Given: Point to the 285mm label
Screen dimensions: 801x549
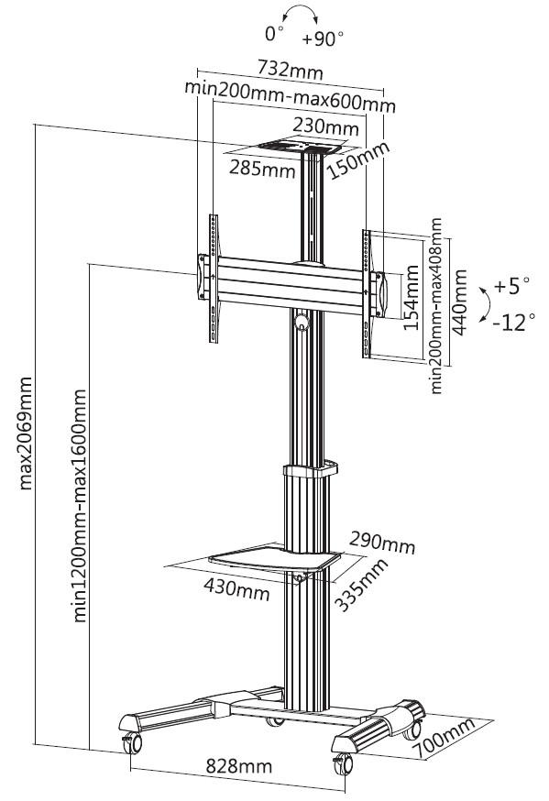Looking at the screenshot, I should (x=258, y=169).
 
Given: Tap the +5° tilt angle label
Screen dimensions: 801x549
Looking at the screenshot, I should (x=511, y=286).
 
